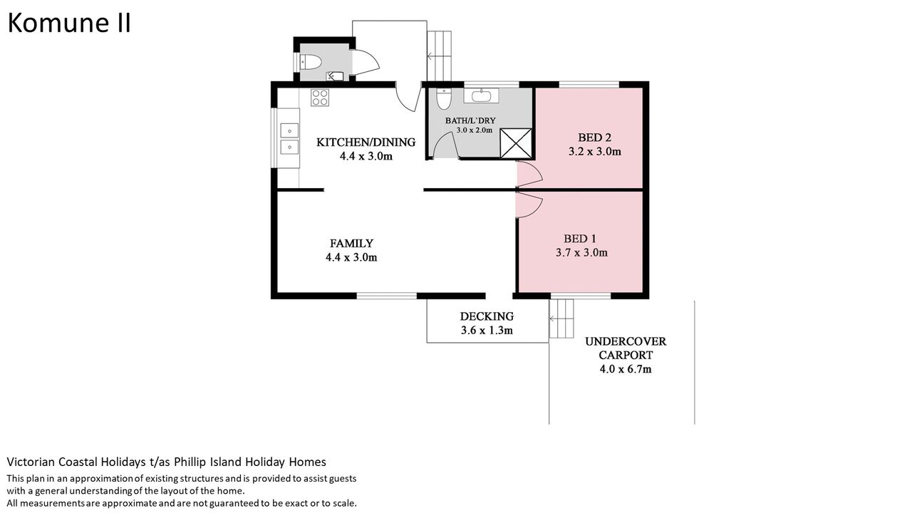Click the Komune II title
click(69, 24)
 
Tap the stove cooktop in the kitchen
click(320, 98)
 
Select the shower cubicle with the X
click(516, 143)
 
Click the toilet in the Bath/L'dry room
click(444, 98)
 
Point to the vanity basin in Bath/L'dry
click(481, 96)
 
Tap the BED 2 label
click(594, 138)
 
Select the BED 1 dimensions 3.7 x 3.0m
click(581, 253)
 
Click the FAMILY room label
click(351, 244)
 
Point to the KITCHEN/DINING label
click(366, 142)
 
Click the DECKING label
click(487, 316)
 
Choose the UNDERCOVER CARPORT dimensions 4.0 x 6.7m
click(626, 369)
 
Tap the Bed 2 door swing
click(529, 174)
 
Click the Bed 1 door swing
click(529, 204)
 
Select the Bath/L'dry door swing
click(445, 145)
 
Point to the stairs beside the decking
click(561, 318)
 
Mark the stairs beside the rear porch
click(439, 56)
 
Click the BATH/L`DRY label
click(470, 120)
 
